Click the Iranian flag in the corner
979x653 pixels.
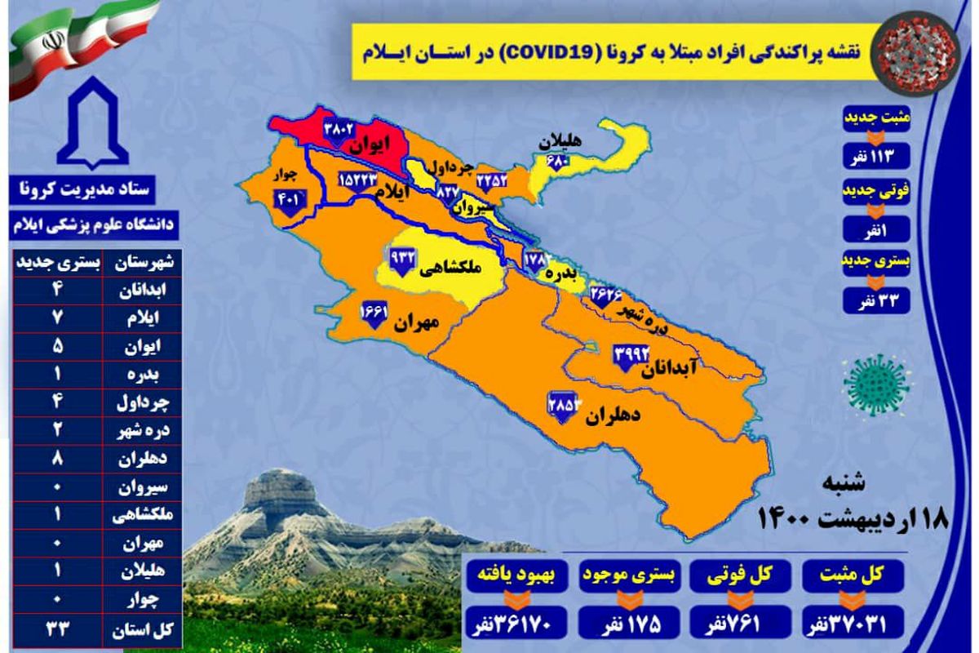pos(82,41)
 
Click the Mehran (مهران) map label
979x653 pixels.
pos(417,323)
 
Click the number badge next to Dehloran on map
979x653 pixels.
pos(563,405)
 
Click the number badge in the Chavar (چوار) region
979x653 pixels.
pos(290,198)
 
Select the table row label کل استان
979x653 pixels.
pos(151,630)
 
